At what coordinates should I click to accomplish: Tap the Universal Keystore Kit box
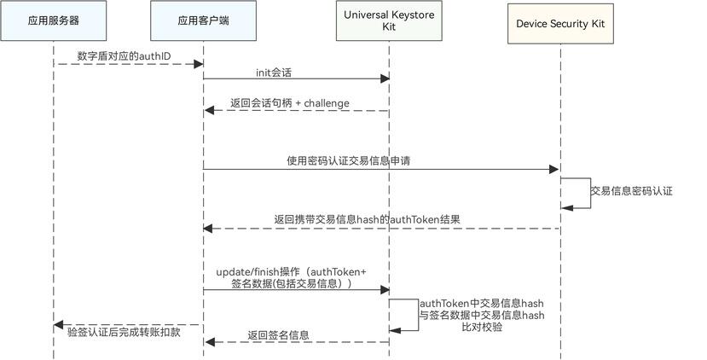[x=389, y=22]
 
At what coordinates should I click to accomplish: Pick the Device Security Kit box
[x=560, y=22]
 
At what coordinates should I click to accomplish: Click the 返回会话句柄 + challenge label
[x=290, y=103]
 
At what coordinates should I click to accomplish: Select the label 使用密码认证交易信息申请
[x=348, y=160]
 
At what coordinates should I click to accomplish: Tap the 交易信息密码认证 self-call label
[x=632, y=191]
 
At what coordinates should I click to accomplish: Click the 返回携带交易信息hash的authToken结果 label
[x=368, y=219]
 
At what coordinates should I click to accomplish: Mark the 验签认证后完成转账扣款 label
[x=125, y=332]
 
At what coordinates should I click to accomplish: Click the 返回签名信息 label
[x=279, y=335]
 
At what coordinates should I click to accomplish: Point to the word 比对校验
[x=482, y=327]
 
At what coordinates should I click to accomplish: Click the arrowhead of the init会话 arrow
[x=385, y=79]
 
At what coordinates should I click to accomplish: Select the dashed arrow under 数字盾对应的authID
[x=128, y=63]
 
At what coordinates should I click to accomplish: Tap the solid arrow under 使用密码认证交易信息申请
[x=380, y=169]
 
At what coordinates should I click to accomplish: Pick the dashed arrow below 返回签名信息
[x=297, y=342]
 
